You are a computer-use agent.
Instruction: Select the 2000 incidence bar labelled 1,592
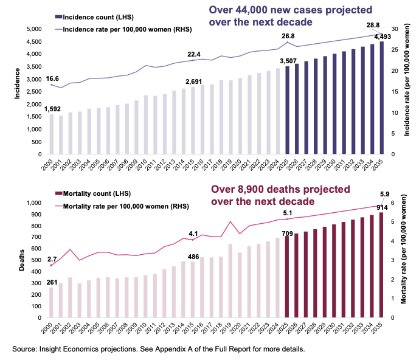(51, 134)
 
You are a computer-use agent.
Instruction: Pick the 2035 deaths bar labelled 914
(382, 265)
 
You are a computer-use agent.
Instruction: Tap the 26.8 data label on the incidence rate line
(288, 36)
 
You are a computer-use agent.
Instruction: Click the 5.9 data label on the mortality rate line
(385, 195)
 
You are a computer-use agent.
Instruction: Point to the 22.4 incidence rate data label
(194, 53)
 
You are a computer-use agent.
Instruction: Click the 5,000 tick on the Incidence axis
(33, 29)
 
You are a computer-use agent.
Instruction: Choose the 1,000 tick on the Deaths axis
(33, 202)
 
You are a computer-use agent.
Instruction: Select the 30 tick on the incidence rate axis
(394, 29)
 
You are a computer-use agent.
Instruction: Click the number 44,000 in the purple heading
(249, 10)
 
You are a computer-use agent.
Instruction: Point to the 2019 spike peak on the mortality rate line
(230, 222)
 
